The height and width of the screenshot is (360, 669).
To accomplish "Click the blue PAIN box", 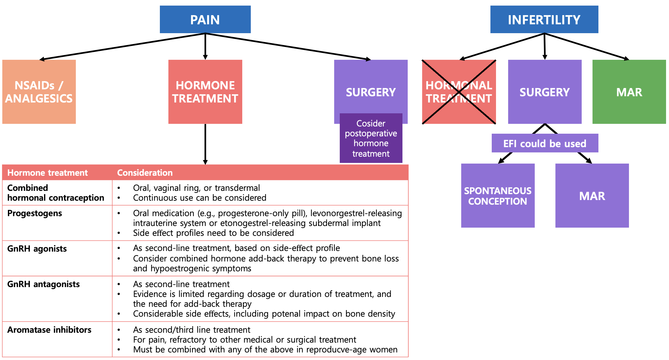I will coord(205,19).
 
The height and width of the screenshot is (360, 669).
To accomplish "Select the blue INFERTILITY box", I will coord(544,19).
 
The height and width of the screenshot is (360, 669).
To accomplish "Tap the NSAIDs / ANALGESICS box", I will coord(39,92).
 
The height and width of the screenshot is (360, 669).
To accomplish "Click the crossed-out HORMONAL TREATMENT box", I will coord(459,92).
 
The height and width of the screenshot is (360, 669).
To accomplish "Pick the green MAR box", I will coord(629,92).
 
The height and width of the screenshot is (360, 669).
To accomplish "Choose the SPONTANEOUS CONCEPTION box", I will coord(498,196).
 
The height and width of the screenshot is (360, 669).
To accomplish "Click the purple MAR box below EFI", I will coord(592,196).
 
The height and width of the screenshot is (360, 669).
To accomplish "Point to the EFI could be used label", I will coord(545,143).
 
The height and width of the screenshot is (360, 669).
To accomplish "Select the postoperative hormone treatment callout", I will coord(371,138).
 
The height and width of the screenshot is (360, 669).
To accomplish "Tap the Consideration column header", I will coord(145,173).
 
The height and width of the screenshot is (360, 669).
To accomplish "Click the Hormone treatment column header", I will coord(48,173).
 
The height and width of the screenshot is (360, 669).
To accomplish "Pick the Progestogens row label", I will coord(34,213).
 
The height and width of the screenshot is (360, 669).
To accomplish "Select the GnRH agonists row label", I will coord(37,249).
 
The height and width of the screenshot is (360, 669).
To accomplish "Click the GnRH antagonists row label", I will coord(43,284).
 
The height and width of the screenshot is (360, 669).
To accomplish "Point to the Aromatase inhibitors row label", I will coord(49,330).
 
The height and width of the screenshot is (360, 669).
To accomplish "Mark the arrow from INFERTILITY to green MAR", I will coord(587,46).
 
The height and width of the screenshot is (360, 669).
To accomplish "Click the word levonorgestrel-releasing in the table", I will coord(356,213).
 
